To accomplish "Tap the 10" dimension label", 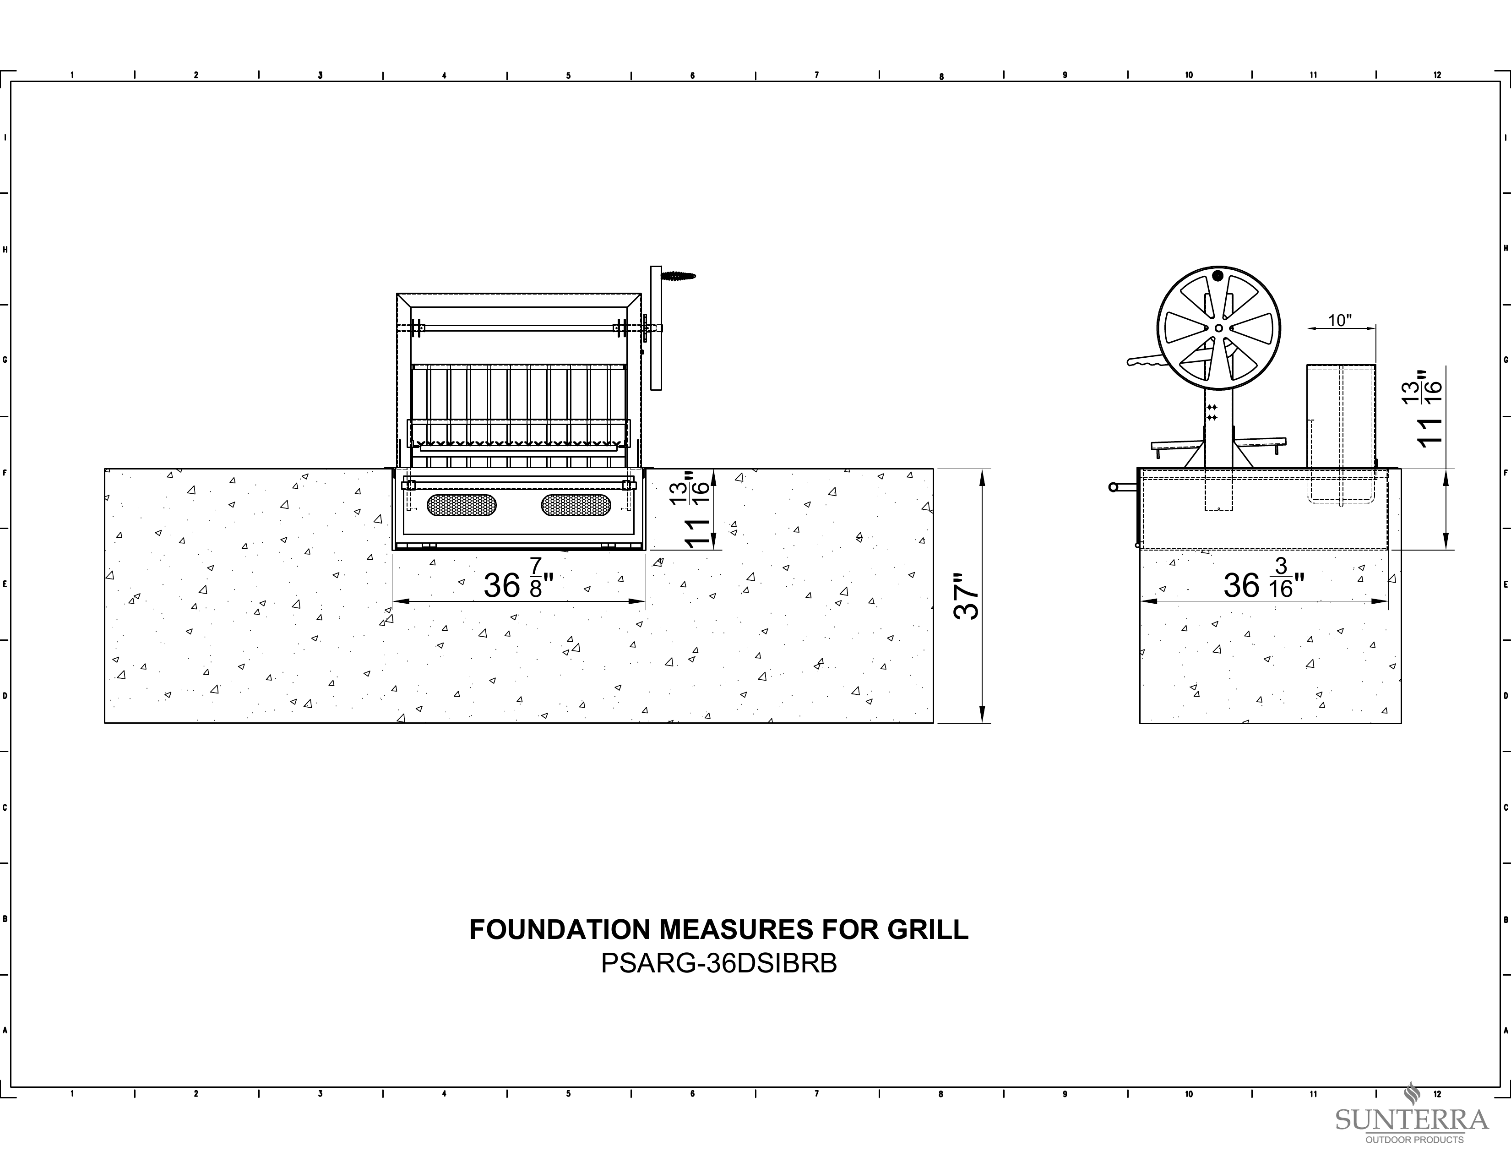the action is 1340,320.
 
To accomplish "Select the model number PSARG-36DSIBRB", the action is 719,964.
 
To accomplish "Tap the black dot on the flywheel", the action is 1217,276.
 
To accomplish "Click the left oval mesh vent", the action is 462,504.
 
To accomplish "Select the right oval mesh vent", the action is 576,504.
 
